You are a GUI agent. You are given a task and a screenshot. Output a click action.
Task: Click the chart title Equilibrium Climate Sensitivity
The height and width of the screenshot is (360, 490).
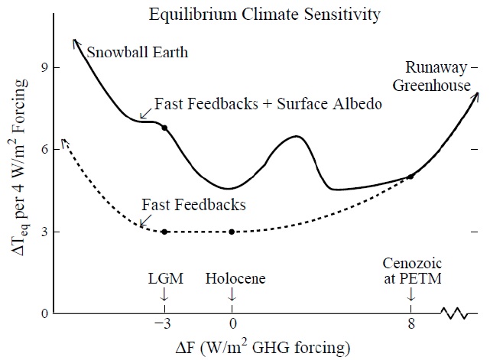tap(265, 14)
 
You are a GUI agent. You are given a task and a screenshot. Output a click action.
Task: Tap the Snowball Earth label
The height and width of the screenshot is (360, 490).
tap(138, 53)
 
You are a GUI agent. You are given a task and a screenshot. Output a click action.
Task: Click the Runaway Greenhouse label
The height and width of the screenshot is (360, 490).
tap(432, 78)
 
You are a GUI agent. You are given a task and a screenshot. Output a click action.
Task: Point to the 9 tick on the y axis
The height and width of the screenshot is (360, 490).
tap(45, 68)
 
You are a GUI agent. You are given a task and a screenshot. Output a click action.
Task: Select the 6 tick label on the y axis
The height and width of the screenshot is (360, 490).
tap(45, 150)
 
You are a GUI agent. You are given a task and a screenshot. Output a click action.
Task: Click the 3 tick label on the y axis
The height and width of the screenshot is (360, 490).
tap(45, 232)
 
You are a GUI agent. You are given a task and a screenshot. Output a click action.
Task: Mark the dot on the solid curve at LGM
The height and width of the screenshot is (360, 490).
tap(164, 128)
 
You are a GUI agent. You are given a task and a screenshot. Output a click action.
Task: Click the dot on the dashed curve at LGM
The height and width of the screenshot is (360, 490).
tap(164, 232)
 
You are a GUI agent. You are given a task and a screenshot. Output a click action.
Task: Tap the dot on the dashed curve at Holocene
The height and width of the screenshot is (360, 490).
tap(232, 232)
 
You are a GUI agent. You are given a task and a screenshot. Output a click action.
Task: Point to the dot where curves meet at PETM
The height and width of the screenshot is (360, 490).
tap(411, 177)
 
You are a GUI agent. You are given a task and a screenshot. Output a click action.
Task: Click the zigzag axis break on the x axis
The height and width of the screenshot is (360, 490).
tap(456, 312)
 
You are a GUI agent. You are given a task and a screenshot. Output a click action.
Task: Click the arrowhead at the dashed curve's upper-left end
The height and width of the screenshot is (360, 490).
tap(64, 141)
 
